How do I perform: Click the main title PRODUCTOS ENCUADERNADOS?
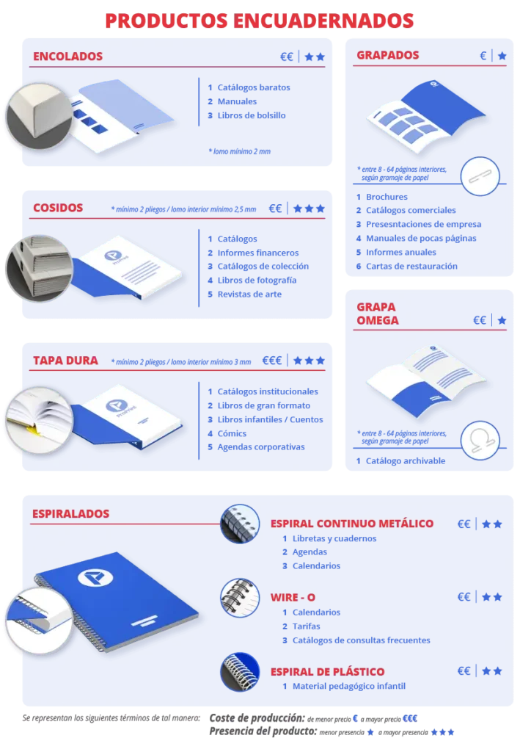click(259, 21)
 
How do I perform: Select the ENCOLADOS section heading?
click(67, 56)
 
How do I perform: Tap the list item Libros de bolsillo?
click(252, 115)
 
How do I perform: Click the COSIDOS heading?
click(58, 208)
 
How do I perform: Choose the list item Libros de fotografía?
click(257, 280)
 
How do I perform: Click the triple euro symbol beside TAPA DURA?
click(271, 360)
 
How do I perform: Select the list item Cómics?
click(232, 433)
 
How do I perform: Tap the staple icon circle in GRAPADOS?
click(480, 176)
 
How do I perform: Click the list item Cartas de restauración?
click(411, 266)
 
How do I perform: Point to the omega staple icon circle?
click(480, 441)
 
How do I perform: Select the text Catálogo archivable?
click(405, 460)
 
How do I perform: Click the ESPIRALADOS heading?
click(70, 513)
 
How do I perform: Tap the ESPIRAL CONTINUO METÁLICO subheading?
click(352, 523)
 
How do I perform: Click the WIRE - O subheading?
click(293, 597)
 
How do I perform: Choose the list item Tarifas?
click(306, 626)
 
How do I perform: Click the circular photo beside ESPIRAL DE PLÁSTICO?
click(239, 671)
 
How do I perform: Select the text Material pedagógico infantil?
click(348, 686)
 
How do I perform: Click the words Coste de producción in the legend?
click(257, 718)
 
